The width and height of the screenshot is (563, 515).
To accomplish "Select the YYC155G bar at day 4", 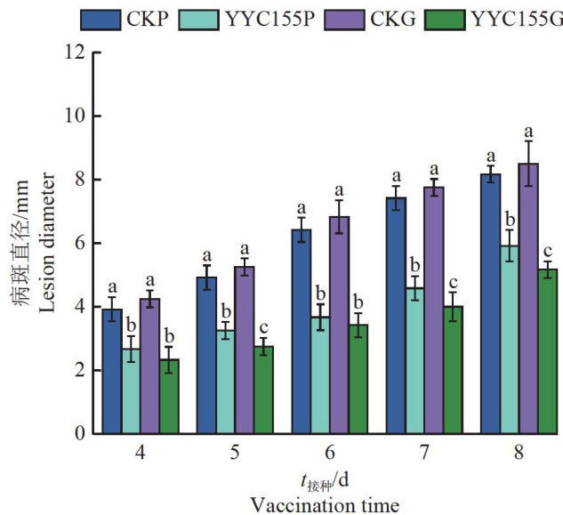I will coord(174,397).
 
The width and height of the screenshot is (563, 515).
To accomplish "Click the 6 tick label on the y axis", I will coord(82,243).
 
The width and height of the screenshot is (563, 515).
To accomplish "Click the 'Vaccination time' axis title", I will coord(326,504).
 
